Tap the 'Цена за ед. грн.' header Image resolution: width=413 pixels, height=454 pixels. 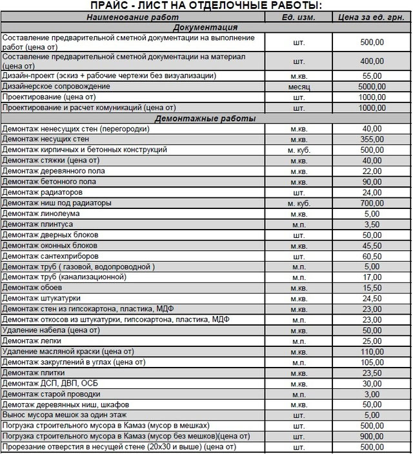[370, 17]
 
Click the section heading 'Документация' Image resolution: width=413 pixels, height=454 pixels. [205, 28]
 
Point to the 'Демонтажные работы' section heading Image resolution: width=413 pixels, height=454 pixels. [205, 119]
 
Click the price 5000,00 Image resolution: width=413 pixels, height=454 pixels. [372, 86]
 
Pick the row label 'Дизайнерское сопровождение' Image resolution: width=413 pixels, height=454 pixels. [57, 86]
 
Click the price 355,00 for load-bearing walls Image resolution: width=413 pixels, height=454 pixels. [372, 139]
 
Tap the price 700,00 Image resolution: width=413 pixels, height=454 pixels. [372, 203]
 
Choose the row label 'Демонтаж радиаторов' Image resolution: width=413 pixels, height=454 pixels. [42, 192]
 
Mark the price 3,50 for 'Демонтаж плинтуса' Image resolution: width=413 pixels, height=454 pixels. [372, 224]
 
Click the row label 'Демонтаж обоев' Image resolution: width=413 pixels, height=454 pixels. [33, 288]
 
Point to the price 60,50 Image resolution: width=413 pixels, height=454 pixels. [372, 256]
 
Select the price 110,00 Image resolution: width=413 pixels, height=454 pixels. [372, 351]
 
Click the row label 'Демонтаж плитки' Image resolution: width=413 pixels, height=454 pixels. [35, 373]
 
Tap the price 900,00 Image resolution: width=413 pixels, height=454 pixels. [372, 437]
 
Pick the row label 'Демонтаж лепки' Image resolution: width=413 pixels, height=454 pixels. [33, 341]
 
